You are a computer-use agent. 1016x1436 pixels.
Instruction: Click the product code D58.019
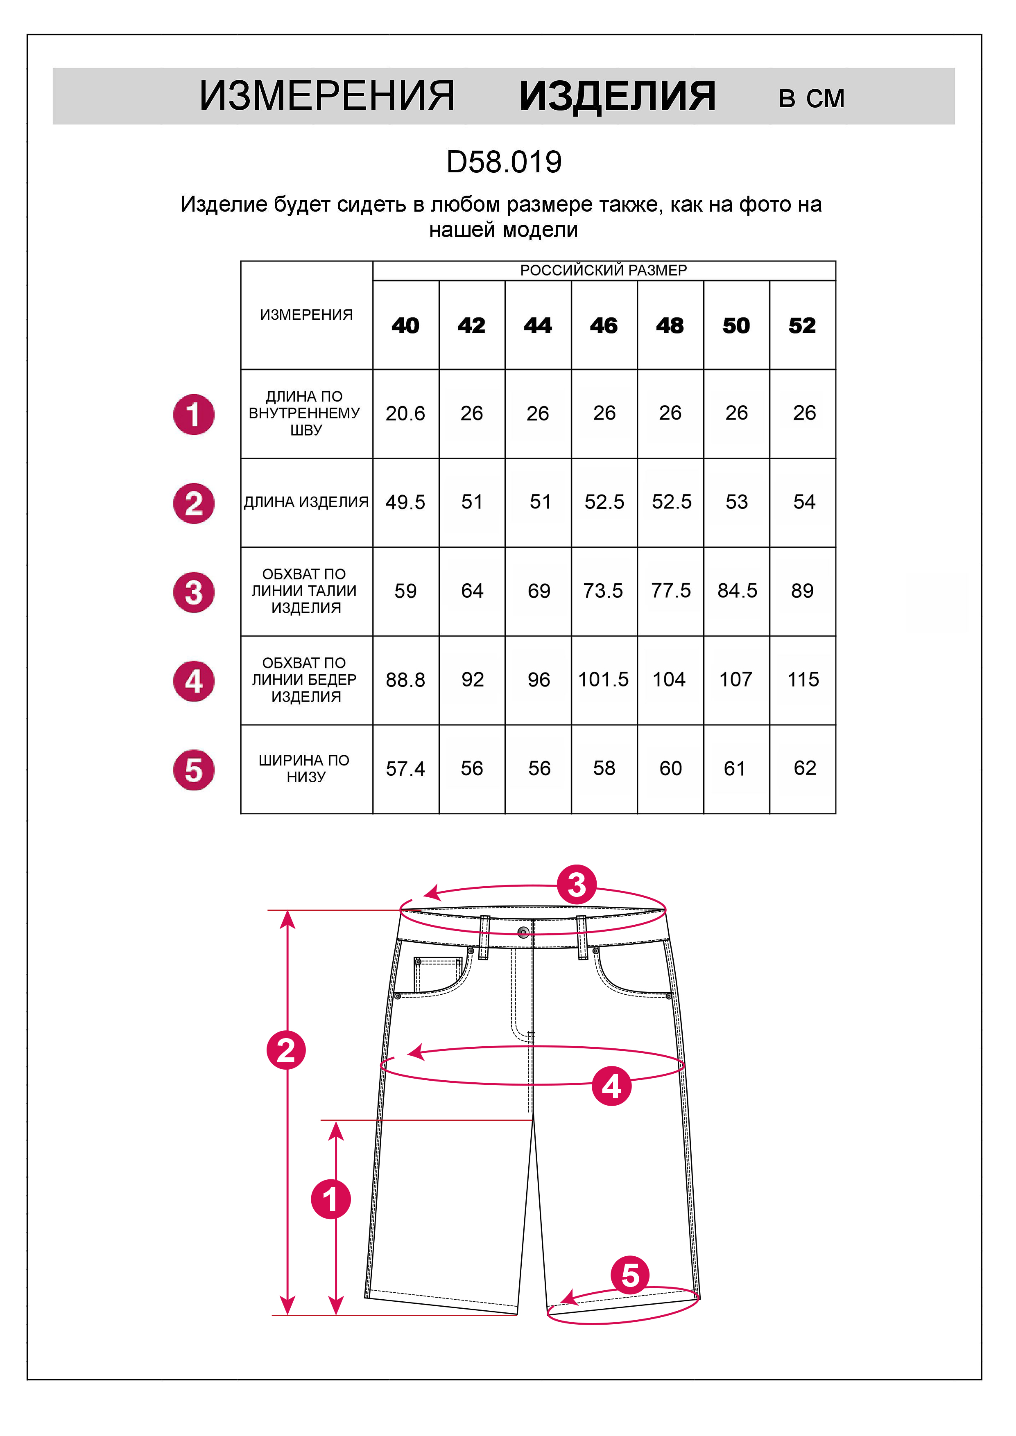point(504,163)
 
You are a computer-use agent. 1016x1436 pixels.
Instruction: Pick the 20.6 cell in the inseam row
point(405,413)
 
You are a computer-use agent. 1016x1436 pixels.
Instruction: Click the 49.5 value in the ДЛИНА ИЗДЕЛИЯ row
point(405,502)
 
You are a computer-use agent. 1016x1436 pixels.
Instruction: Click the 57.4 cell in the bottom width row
point(405,769)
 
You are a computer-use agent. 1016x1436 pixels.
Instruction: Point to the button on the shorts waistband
point(524,932)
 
